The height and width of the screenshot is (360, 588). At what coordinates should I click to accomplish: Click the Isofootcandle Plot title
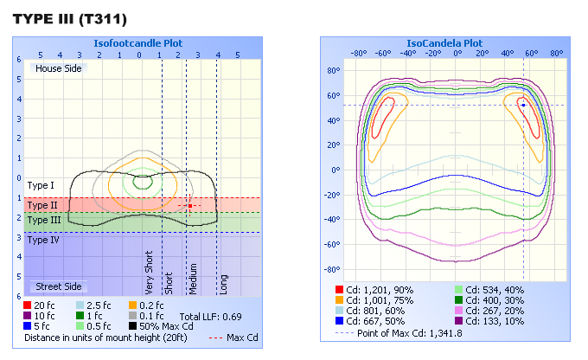[138, 42]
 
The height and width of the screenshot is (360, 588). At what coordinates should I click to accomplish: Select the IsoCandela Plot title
[444, 42]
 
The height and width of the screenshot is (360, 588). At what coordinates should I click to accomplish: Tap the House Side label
[59, 67]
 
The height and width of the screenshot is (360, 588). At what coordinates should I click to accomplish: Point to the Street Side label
[59, 286]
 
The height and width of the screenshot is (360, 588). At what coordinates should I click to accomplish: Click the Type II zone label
[42, 205]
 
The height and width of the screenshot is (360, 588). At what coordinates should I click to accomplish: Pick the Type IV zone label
[43, 240]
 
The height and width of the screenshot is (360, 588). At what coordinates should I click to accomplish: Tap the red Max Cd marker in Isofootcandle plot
[189, 205]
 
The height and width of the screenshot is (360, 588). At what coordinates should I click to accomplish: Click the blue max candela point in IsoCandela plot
[523, 105]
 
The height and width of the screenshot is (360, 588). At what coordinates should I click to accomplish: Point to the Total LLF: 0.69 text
[211, 317]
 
